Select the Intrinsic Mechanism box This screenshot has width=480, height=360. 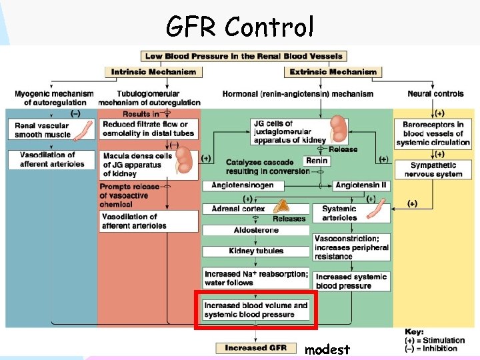(153, 72)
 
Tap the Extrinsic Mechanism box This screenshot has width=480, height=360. (333, 72)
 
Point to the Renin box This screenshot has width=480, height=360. (317, 161)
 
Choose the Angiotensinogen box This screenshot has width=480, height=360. (242, 185)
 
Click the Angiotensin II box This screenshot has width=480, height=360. (361, 185)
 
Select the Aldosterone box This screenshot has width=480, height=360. (256, 230)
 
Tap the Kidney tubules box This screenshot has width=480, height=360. (256, 251)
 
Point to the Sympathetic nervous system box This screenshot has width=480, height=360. (433, 170)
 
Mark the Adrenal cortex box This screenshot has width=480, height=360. (238, 209)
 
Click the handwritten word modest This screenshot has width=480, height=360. (327, 349)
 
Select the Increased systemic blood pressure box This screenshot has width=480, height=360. (351, 281)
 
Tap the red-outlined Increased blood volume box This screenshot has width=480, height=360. (256, 310)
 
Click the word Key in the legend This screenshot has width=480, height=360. (414, 331)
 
